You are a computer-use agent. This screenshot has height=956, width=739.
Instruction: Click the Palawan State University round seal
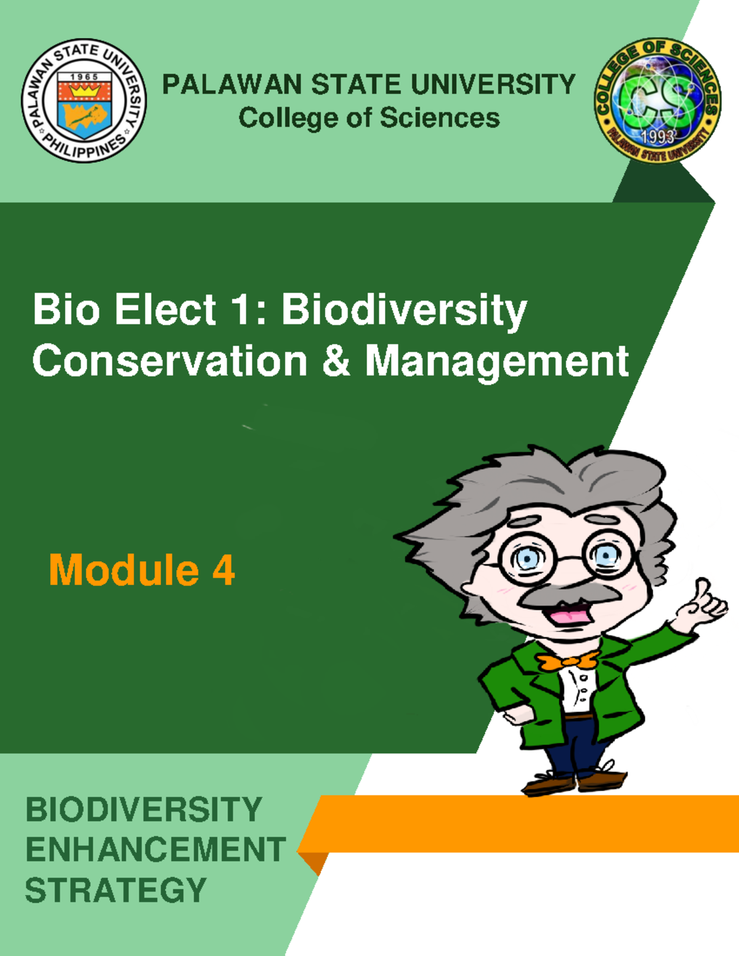[x=84, y=101]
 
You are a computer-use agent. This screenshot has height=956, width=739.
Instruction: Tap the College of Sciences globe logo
[x=658, y=100]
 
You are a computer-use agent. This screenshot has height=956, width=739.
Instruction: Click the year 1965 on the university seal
[x=84, y=77]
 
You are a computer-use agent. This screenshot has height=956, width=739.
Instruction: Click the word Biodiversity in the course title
[x=404, y=309]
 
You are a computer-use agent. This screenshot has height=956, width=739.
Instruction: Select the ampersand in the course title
[x=336, y=361]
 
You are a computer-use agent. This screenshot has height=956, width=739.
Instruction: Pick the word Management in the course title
[x=496, y=361]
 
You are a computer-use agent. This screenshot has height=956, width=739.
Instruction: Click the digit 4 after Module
[x=224, y=570]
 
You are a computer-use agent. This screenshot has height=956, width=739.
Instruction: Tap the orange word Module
[x=124, y=570]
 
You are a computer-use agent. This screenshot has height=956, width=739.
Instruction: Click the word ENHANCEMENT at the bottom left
[x=155, y=850]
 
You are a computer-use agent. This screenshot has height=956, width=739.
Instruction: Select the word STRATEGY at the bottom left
[x=116, y=890]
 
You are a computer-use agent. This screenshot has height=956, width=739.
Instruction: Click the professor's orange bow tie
[x=568, y=662]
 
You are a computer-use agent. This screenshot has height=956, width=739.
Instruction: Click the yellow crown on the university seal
[x=84, y=91]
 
